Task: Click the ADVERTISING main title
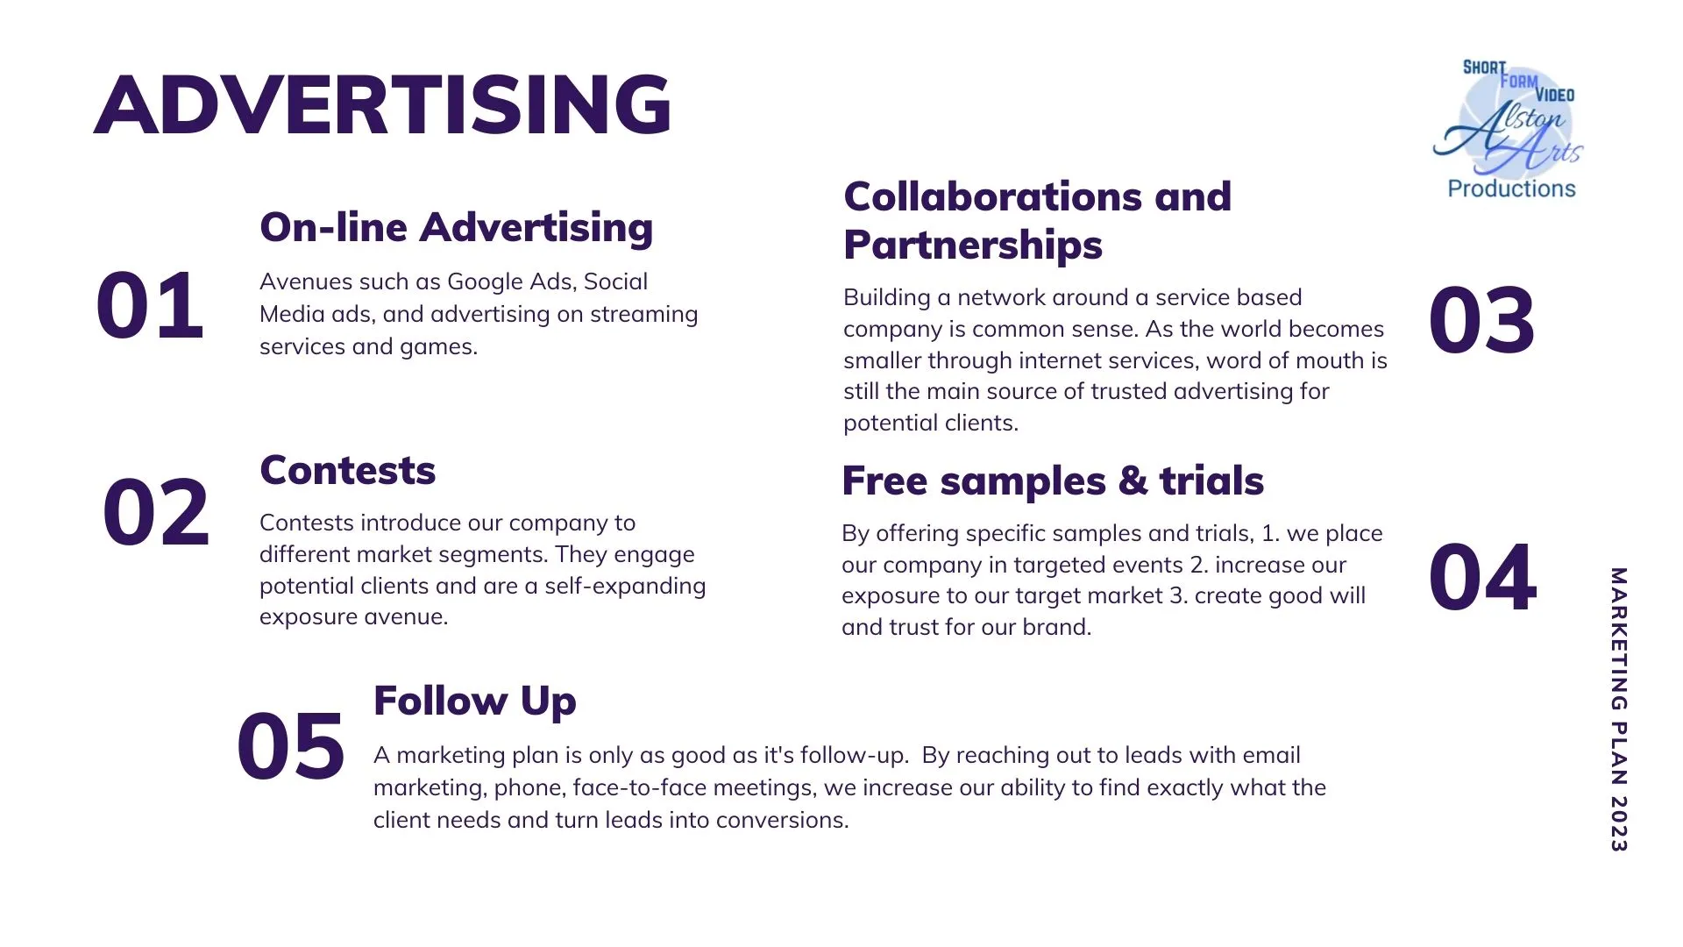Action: [383, 105]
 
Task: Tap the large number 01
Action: [150, 305]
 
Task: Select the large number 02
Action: [156, 512]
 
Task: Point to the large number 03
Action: [1481, 320]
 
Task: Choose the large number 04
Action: [1482, 578]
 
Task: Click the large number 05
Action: [290, 746]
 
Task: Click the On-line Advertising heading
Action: [457, 227]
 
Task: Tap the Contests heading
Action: [348, 470]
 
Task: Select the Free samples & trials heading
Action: [1053, 481]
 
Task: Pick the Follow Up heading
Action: [475, 701]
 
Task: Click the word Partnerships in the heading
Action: [973, 246]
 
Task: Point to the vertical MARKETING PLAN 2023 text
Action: [1618, 709]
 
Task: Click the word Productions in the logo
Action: [1511, 189]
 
